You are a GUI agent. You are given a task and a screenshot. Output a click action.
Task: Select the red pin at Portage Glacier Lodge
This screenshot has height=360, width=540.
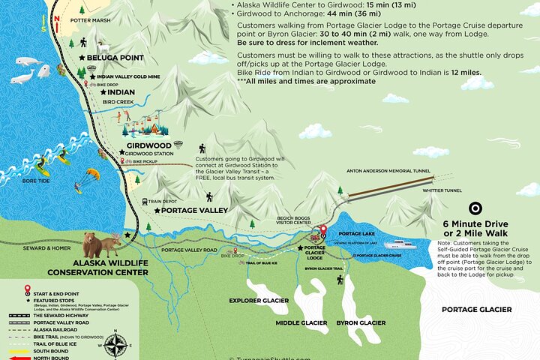323,231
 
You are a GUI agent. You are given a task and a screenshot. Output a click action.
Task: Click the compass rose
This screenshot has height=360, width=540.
116,345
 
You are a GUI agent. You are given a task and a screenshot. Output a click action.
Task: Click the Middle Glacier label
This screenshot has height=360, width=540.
301,322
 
